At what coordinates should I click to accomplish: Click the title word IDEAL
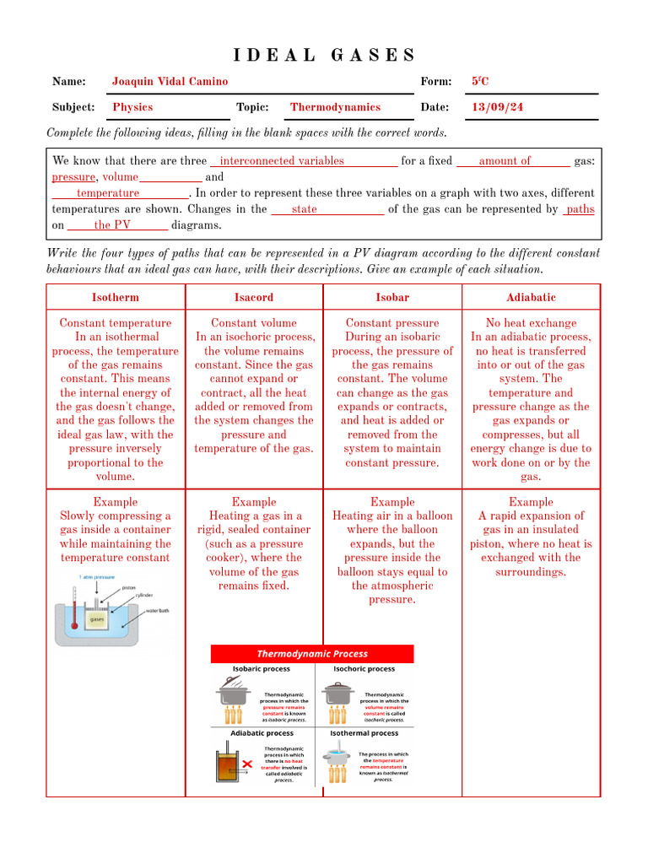pyautogui.click(x=274, y=56)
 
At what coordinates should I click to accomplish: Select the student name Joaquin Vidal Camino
pyautogui.click(x=170, y=82)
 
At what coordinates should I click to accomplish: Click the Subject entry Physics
pyautogui.click(x=132, y=107)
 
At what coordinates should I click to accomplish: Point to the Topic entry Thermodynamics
pyautogui.click(x=335, y=107)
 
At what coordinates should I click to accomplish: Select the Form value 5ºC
pyautogui.click(x=480, y=82)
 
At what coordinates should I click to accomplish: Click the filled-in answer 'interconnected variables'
pyautogui.click(x=281, y=160)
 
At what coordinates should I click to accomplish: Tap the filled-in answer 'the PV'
pyautogui.click(x=112, y=224)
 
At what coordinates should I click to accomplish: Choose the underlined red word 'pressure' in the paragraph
pyautogui.click(x=73, y=177)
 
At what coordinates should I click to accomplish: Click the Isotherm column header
pyautogui.click(x=115, y=297)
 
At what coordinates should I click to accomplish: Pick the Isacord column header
pyautogui.click(x=254, y=297)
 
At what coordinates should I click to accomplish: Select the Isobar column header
pyautogui.click(x=392, y=297)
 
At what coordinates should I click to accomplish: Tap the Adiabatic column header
pyautogui.click(x=531, y=297)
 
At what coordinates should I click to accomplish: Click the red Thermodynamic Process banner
pyautogui.click(x=312, y=654)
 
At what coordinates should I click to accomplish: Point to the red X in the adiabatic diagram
pyautogui.click(x=247, y=764)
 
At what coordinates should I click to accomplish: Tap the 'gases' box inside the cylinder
pyautogui.click(x=97, y=618)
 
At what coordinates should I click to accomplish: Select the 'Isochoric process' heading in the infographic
pyautogui.click(x=364, y=668)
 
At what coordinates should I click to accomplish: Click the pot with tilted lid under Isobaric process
pyautogui.click(x=232, y=694)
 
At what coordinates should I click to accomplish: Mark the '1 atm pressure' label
pyautogui.click(x=97, y=577)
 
